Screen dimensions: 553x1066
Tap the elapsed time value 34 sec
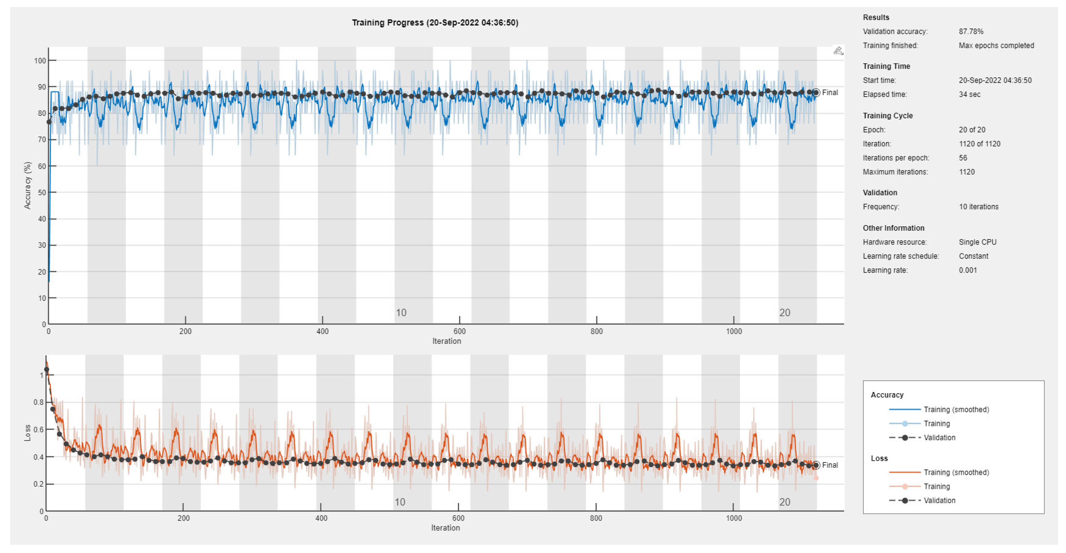click(x=969, y=94)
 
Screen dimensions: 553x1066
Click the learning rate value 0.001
click(x=968, y=270)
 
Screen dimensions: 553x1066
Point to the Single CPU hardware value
click(x=977, y=242)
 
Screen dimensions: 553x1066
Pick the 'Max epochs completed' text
click(x=996, y=45)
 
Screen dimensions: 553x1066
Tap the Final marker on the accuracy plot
click(x=816, y=93)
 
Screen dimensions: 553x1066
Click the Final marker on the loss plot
click(x=816, y=465)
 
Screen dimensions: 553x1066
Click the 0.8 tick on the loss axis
click(x=38, y=402)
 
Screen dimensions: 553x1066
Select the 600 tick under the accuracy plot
click(x=459, y=331)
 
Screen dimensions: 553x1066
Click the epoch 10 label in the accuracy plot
click(x=400, y=313)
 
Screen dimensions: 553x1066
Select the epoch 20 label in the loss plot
click(x=785, y=502)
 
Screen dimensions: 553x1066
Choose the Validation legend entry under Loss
click(x=939, y=500)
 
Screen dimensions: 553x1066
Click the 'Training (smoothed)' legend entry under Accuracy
click(x=956, y=409)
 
